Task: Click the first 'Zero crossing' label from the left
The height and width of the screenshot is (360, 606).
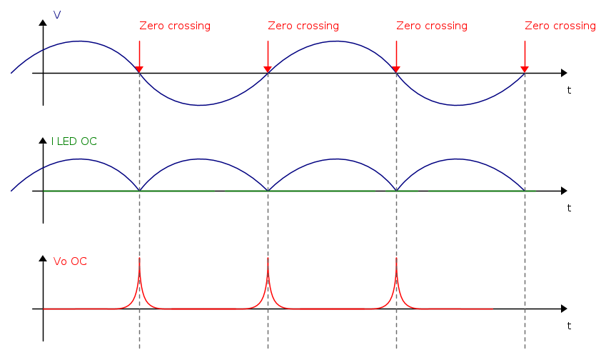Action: point(175,26)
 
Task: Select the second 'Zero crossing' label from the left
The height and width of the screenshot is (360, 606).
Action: point(303,26)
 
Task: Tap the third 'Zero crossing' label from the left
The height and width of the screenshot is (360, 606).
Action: point(432,26)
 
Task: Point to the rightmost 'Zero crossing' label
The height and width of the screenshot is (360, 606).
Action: point(560,26)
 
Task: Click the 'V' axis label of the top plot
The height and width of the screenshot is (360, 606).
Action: point(57,14)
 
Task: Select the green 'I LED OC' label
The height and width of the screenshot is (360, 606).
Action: point(74,141)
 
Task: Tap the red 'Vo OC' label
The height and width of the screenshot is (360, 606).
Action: point(70,261)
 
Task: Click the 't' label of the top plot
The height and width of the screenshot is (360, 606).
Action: point(569,90)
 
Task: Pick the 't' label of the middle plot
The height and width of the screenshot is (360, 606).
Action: point(569,208)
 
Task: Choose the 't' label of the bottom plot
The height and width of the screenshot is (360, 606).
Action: point(569,326)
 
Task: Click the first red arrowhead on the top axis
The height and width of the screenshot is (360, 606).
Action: point(139,69)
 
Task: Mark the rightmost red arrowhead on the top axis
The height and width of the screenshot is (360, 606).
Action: point(525,69)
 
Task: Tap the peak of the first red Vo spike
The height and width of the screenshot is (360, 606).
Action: point(139,259)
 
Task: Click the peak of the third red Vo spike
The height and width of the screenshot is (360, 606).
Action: point(396,259)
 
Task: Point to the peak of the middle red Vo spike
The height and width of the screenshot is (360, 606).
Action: point(268,259)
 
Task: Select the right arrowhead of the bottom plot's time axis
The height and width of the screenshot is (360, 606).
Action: point(564,309)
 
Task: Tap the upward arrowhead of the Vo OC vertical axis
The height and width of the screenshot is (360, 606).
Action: point(43,259)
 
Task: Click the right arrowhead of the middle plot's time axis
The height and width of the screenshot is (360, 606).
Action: point(564,191)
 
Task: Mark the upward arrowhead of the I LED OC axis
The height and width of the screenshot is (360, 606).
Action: point(43,141)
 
